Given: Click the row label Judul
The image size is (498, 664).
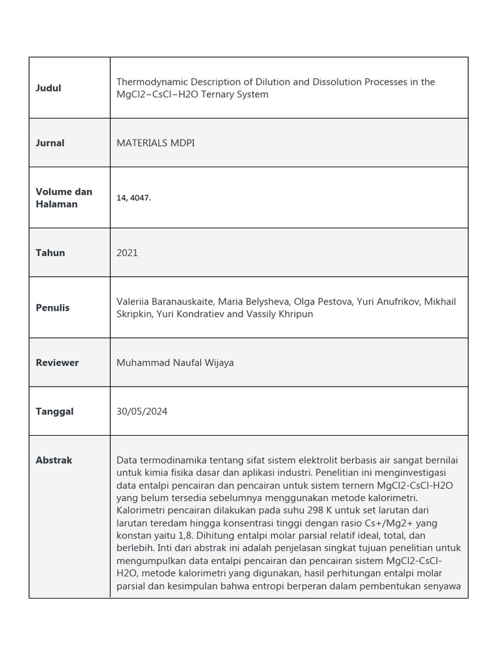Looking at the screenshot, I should click(49, 88).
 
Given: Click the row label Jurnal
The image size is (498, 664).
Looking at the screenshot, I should click(50, 143).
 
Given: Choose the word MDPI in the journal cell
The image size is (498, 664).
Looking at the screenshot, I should click(183, 143).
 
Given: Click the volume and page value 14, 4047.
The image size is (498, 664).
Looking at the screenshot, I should click(134, 198).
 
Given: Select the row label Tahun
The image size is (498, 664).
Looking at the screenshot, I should click(50, 253).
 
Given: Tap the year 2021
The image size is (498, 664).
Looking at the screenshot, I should click(127, 253).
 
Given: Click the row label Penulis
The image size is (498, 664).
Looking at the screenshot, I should click(53, 308).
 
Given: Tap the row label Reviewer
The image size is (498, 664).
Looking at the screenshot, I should click(57, 363).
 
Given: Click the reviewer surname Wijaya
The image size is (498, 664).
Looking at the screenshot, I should click(218, 363).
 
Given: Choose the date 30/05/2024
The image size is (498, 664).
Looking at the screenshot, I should click(142, 412).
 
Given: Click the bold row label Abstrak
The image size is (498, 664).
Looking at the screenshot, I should click(54, 460).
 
